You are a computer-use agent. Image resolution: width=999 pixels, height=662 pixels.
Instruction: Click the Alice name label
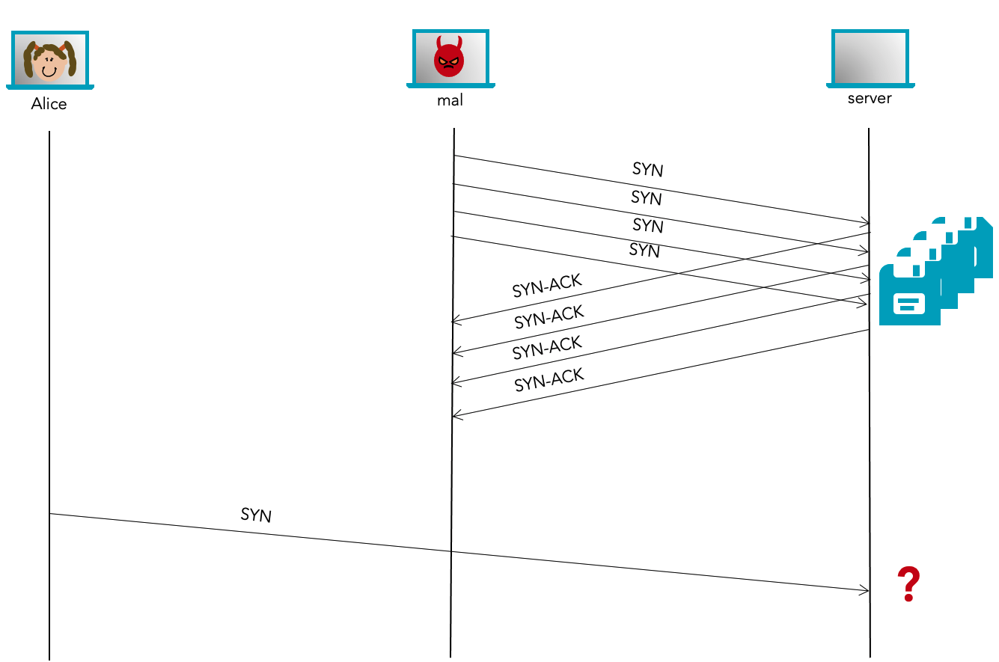click(49, 104)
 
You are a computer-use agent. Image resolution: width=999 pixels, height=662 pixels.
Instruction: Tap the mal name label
click(450, 99)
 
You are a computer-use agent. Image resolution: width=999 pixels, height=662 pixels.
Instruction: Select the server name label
click(870, 98)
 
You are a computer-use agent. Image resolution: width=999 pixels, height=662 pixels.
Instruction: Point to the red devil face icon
click(449, 57)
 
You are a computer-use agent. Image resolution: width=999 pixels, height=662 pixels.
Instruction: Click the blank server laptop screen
click(870, 58)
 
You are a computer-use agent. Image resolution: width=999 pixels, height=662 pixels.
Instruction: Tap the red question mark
click(908, 585)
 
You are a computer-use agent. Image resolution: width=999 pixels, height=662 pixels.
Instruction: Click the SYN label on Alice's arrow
click(256, 515)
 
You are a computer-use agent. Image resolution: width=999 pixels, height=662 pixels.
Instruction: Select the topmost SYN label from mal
click(648, 170)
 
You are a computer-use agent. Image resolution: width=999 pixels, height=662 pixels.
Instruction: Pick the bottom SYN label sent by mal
click(645, 251)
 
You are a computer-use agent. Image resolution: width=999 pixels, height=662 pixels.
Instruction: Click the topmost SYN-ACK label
click(547, 286)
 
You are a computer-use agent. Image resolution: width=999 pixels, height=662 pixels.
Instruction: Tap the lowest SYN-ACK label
click(549, 381)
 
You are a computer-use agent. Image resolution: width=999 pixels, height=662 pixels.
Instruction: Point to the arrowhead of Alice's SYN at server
click(866, 590)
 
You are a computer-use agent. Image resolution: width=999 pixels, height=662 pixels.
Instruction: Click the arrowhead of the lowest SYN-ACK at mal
click(456, 415)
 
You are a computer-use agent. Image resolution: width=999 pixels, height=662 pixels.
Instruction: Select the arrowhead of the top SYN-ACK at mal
click(456, 322)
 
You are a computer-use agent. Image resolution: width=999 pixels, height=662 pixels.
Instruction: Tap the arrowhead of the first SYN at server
click(866, 222)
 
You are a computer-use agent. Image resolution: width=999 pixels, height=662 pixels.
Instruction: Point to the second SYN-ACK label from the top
click(549, 317)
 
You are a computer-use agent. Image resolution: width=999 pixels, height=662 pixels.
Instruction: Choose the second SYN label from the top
click(647, 198)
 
